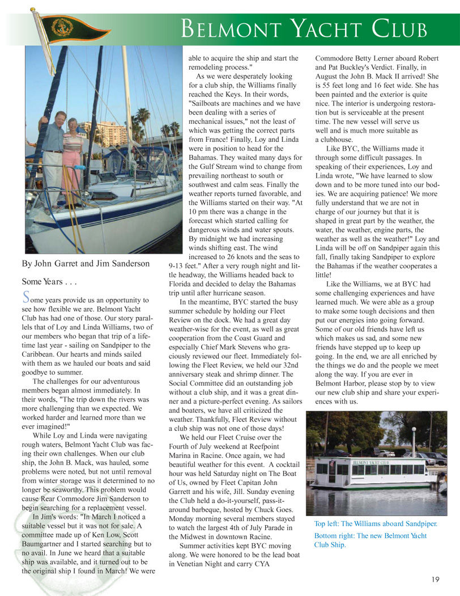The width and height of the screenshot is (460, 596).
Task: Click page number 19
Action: click(435, 579)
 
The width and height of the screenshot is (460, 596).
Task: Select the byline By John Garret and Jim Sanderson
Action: click(86, 263)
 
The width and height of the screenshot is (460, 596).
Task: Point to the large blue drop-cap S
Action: click(25, 297)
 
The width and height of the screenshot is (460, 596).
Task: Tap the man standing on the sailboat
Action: click(53, 153)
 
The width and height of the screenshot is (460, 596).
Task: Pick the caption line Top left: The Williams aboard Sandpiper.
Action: click(375, 523)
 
